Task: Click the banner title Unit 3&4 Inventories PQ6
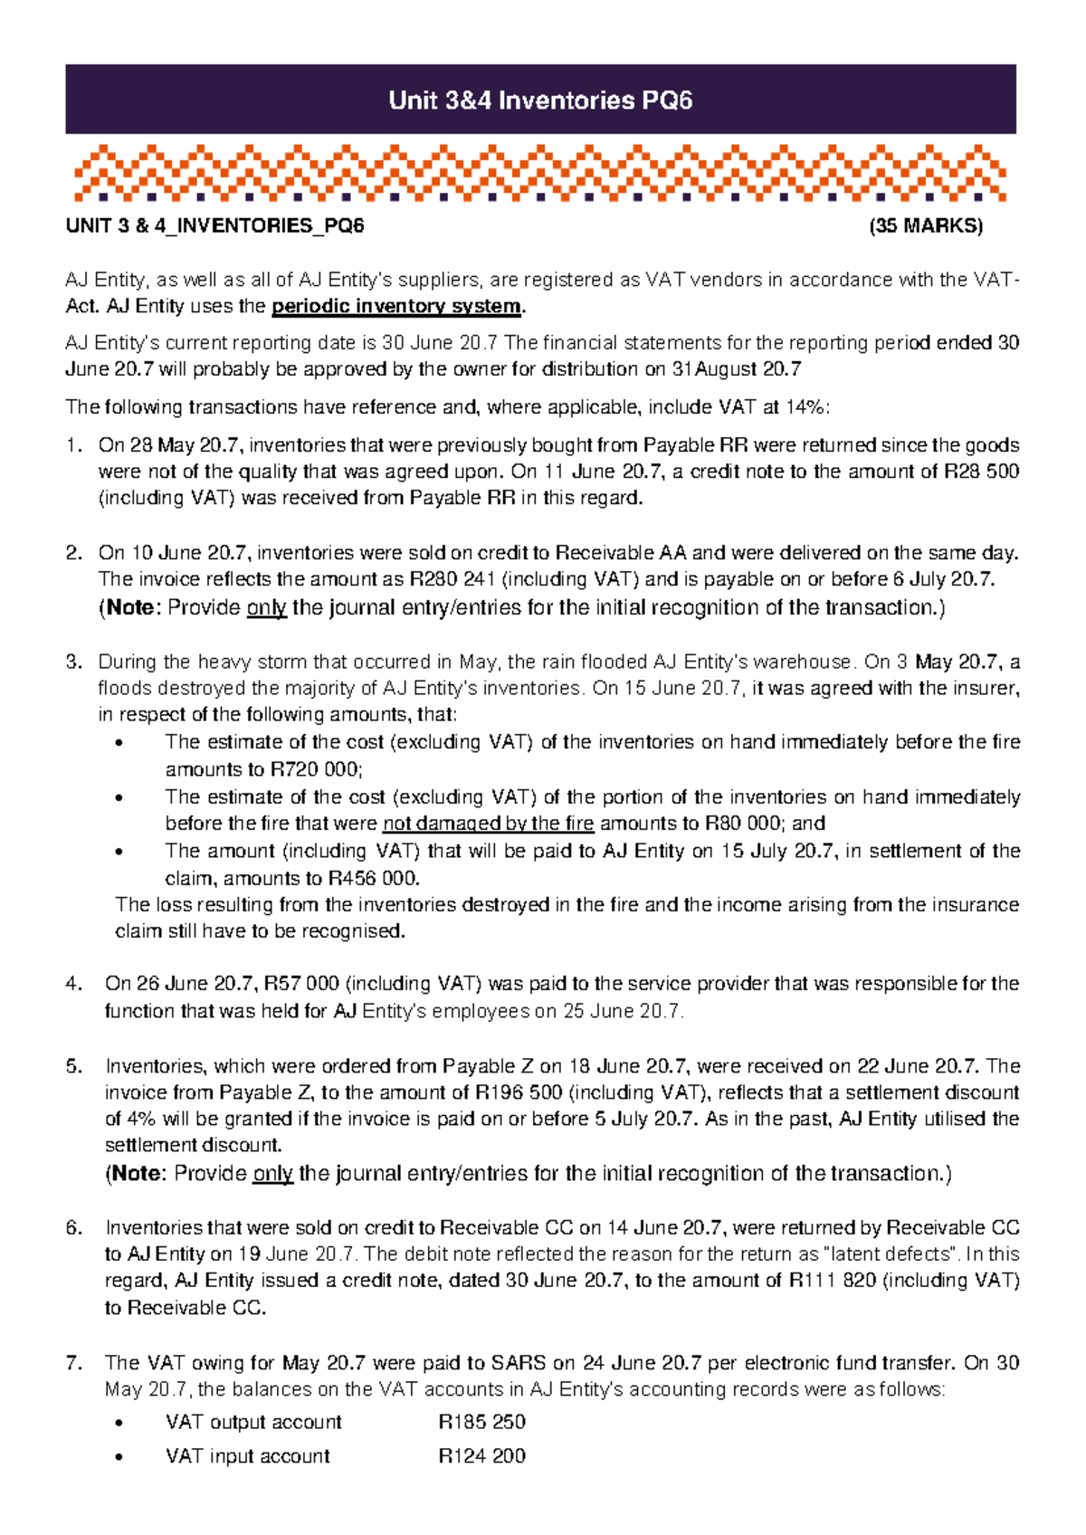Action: click(540, 100)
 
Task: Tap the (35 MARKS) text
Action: click(925, 226)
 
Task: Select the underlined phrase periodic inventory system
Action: click(396, 307)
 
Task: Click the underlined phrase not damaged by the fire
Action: click(489, 824)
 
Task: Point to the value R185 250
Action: click(481, 1422)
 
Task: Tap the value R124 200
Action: click(481, 1456)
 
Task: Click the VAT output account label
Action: click(253, 1422)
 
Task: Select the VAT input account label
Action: click(247, 1456)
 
